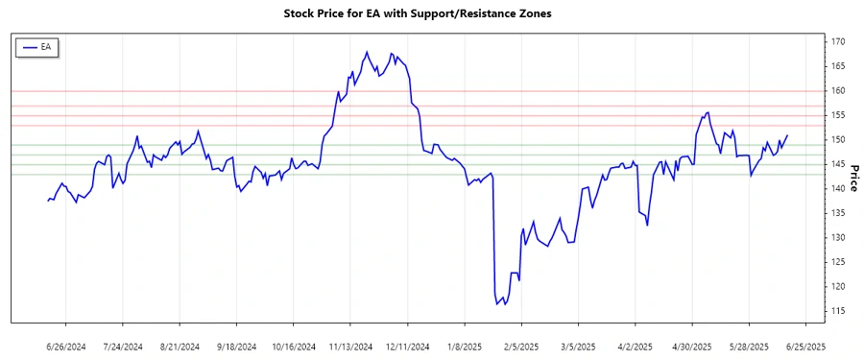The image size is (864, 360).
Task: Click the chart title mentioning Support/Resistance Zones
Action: click(x=431, y=13)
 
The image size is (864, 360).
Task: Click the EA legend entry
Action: click(x=37, y=46)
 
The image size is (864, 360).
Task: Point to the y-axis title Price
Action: click(x=853, y=177)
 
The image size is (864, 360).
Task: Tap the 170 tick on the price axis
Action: click(x=837, y=41)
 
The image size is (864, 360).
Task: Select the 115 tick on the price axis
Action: click(x=837, y=311)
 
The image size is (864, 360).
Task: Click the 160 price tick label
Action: click(x=837, y=90)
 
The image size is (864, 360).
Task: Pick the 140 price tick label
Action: click(x=837, y=188)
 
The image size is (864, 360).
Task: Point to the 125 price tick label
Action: click(x=837, y=262)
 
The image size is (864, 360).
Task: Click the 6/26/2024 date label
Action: click(x=66, y=346)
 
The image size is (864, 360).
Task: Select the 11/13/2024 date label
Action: click(x=350, y=346)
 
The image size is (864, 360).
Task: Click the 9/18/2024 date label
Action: click(x=236, y=346)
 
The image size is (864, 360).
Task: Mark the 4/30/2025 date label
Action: click(x=691, y=346)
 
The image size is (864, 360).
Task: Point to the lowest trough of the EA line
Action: click(x=497, y=304)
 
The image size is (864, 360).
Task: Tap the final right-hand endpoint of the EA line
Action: click(x=787, y=135)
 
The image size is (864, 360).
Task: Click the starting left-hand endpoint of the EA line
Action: click(x=47, y=201)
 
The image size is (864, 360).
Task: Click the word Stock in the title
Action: click(x=301, y=13)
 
